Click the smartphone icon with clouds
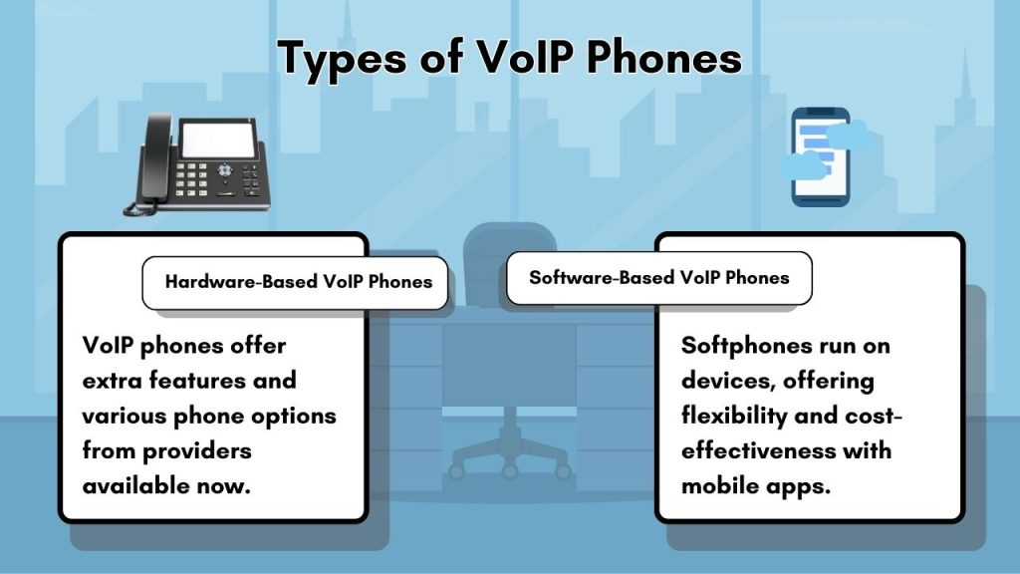[821, 156]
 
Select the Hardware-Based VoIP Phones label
[299, 281]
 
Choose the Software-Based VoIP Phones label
[658, 277]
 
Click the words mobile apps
[756, 485]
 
